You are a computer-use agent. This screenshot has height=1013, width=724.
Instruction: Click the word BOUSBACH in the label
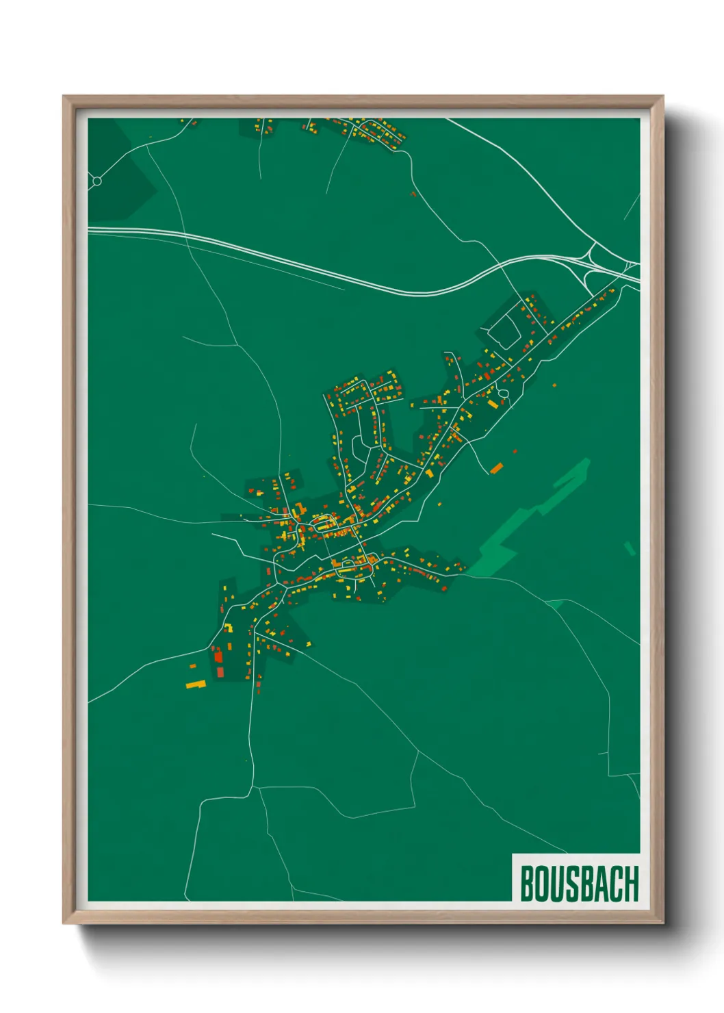point(579,884)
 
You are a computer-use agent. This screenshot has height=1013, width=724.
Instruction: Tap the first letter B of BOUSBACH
point(528,884)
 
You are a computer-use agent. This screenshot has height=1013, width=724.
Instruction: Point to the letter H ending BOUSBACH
point(631,884)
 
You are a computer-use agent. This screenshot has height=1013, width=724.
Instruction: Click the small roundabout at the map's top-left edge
point(96,181)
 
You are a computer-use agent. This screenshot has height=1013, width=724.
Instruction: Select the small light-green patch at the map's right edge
point(630,548)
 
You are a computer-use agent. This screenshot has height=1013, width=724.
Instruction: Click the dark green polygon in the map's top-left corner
point(116,171)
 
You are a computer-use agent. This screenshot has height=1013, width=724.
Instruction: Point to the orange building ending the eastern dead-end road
point(496,468)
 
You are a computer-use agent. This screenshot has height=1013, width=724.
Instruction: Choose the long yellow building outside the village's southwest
point(196,684)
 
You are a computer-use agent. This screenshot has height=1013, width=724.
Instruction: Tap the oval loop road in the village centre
point(322,525)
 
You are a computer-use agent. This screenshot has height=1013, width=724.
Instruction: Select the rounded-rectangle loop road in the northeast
point(508,325)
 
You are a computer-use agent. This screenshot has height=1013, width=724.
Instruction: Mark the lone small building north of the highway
point(413,194)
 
